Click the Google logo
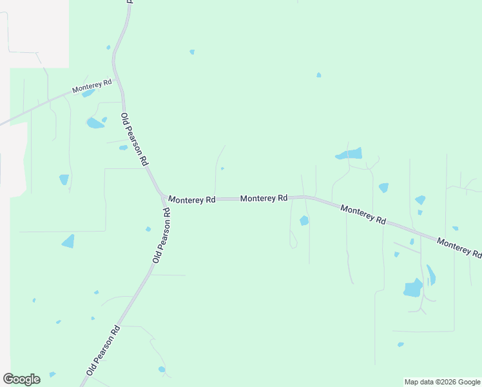pyautogui.click(x=21, y=379)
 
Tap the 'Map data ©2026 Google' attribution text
pyautogui.click(x=443, y=382)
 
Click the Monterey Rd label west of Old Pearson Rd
pyautogui.click(x=92, y=86)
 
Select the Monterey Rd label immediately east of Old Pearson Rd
pyautogui.click(x=192, y=200)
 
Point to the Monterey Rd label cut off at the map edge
pyautogui.click(x=459, y=248)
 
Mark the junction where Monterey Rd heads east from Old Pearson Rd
pyautogui.click(x=164, y=196)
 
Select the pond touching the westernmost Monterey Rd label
pyautogui.click(x=88, y=94)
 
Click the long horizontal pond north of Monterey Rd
pyautogui.click(x=349, y=154)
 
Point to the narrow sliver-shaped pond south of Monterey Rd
pyautogui.click(x=430, y=275)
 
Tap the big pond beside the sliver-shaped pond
pyautogui.click(x=412, y=288)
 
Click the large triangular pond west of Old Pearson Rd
pyautogui.click(x=68, y=241)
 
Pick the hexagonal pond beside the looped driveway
pyautogui.click(x=304, y=221)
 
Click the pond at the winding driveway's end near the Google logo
pyautogui.click(x=162, y=370)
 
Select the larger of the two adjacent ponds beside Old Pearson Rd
pyautogui.click(x=94, y=123)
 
